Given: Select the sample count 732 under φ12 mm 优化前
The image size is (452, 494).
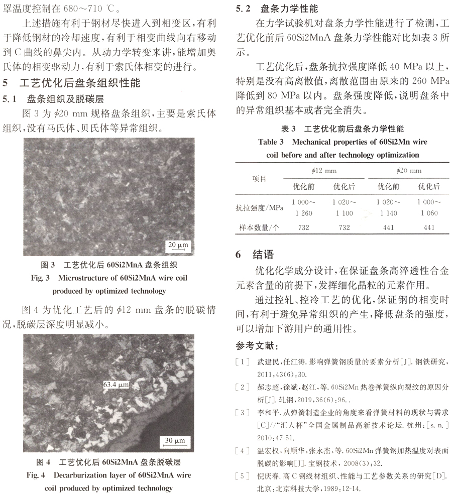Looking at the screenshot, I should (304, 227).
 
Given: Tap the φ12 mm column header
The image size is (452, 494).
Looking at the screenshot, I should (324, 171).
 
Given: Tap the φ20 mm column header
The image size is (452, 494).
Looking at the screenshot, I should (408, 171).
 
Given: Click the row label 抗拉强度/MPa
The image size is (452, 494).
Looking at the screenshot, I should (260, 207).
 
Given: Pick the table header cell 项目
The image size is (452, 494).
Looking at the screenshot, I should (259, 178).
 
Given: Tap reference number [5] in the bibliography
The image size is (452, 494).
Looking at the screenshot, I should (242, 475).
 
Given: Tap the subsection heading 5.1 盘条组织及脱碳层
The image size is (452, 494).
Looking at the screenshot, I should (60, 98).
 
